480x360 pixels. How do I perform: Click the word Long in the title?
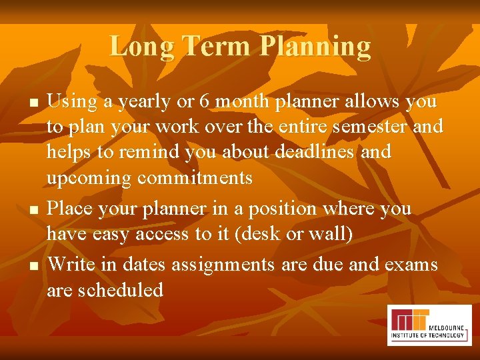point(142,47)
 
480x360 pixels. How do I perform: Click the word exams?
point(411,265)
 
